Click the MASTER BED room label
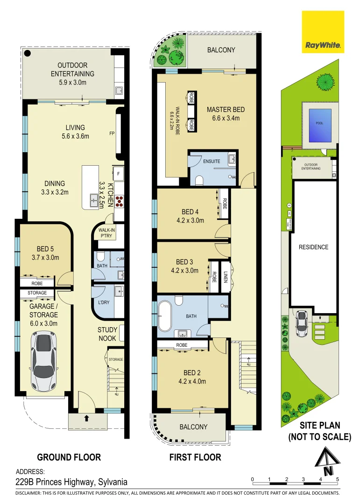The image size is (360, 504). point(226,110)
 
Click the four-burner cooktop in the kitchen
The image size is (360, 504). point(119,201)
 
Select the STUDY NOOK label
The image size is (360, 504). point(107,334)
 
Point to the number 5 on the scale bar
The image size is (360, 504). point(337,479)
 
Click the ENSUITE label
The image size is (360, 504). point(212,161)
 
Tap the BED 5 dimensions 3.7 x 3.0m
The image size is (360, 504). point(45,257)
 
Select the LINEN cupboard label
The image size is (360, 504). point(226,276)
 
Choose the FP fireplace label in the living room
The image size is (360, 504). point(112,133)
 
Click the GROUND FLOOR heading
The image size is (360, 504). point(69,457)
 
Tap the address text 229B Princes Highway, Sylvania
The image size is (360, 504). point(71,482)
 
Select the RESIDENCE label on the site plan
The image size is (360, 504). point(313,247)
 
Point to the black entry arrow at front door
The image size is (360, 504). point(86,418)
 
